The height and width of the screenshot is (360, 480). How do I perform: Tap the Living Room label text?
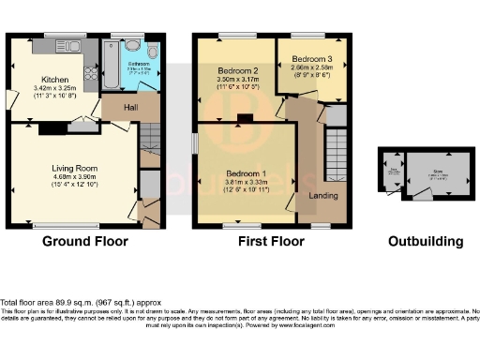click(74, 169)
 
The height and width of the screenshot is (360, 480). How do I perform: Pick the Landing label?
click(324, 195)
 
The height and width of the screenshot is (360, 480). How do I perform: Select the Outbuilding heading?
click(427, 241)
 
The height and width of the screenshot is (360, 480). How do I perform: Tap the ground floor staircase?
click(151, 141)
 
